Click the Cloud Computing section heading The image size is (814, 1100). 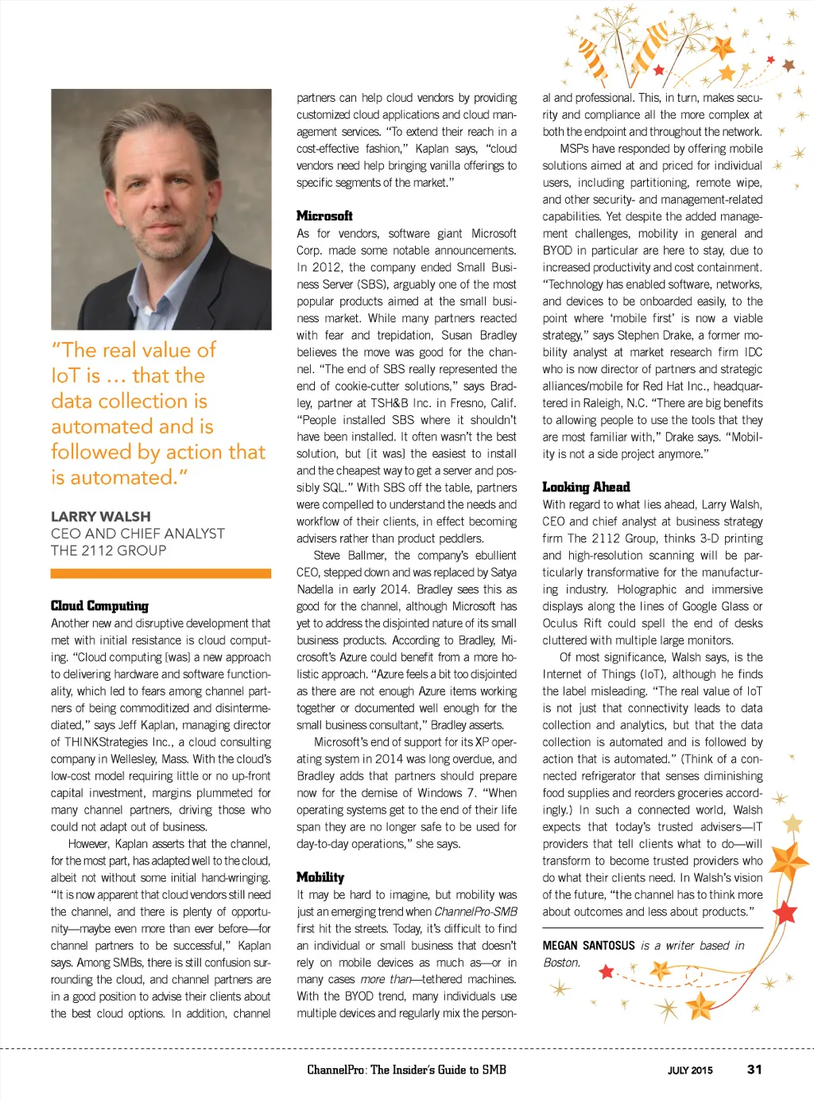point(99,606)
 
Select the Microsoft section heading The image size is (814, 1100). point(324,216)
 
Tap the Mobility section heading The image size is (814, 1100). point(320,877)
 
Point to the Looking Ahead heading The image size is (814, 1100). point(586,487)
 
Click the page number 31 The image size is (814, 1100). point(754,1070)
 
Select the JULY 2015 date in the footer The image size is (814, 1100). point(690,1071)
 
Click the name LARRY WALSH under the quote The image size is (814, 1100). point(101,516)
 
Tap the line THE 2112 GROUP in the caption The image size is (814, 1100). point(109,550)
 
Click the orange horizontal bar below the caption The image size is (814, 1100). point(161,573)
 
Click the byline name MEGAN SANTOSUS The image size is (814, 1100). point(589,946)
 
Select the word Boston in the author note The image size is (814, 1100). point(560,962)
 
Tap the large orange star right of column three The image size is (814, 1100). point(789,861)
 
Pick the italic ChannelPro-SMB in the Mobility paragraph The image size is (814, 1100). point(475,911)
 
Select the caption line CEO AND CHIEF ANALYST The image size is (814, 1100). point(138,534)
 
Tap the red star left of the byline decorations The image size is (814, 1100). point(607,971)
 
